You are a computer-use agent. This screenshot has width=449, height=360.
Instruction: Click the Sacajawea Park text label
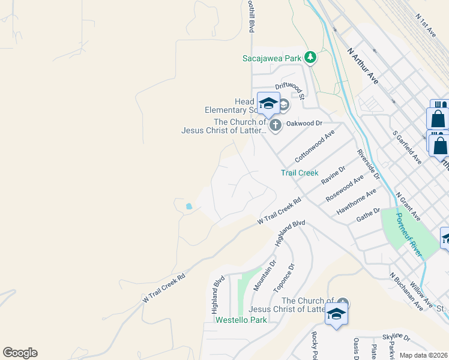pos(271,58)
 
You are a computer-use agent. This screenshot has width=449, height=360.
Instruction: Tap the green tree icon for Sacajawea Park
pos(310,58)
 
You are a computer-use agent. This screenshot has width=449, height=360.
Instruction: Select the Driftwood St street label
pos(291,89)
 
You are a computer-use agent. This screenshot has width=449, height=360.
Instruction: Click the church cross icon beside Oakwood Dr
pos(276,125)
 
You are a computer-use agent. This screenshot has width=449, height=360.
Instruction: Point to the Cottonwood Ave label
pos(314,146)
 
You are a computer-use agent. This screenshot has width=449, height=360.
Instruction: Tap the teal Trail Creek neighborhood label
pos(299,173)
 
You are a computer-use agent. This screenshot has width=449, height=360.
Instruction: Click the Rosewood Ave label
pos(345,188)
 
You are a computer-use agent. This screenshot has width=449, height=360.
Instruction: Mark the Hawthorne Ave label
pos(356,202)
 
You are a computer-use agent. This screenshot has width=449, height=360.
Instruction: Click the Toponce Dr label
pos(284,279)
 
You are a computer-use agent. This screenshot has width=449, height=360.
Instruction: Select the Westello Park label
pos(241,320)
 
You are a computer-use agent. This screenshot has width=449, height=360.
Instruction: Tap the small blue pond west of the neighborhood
pos(189,206)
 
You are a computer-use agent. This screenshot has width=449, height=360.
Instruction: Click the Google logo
pos(20,353)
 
